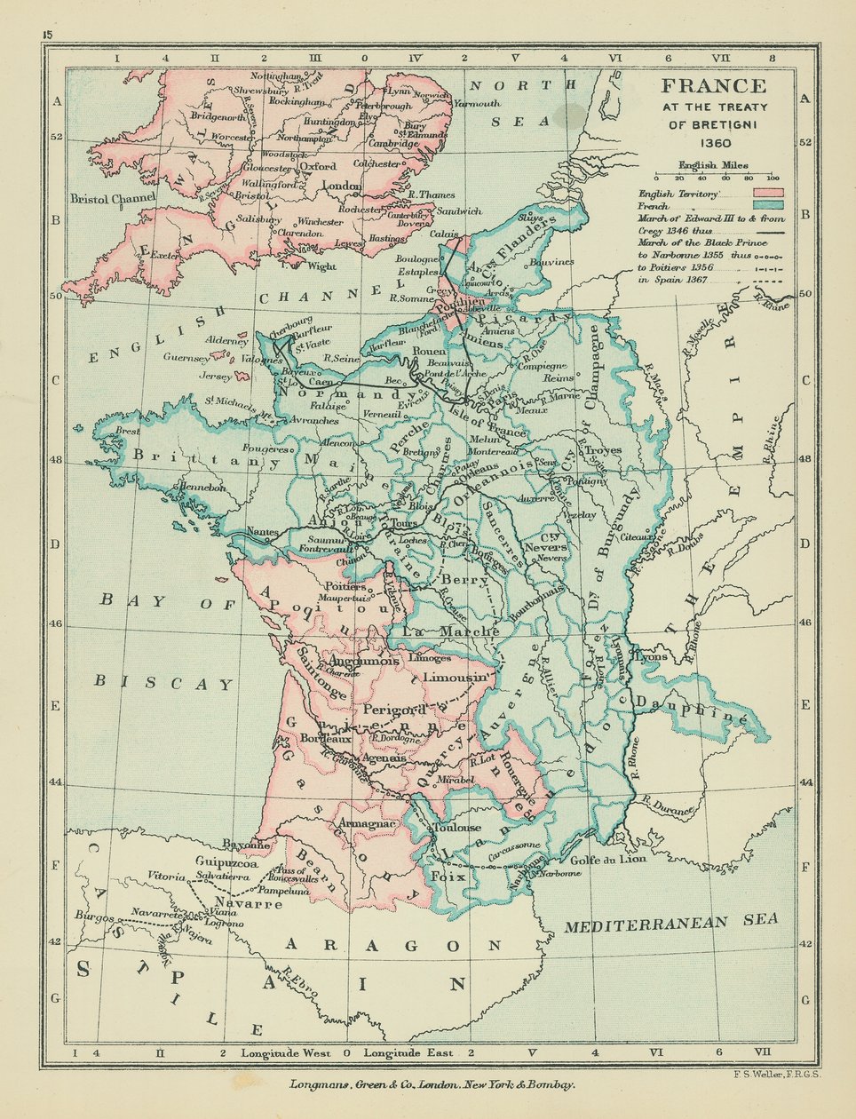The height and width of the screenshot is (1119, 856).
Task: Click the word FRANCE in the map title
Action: tap(712, 86)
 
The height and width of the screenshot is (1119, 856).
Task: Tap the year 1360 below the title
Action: tap(713, 142)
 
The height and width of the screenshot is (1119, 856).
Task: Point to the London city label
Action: tap(342, 186)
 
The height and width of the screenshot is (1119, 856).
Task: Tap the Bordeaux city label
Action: tap(320, 737)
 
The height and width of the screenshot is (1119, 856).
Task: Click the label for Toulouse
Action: tap(456, 828)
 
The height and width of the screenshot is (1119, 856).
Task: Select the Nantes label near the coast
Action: tap(263, 532)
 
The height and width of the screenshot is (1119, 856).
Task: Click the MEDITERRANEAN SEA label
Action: tap(670, 924)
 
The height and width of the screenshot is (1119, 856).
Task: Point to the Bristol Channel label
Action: tap(114, 197)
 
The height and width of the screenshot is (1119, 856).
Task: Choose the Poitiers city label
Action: tap(345, 586)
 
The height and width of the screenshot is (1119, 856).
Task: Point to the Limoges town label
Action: tap(431, 658)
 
